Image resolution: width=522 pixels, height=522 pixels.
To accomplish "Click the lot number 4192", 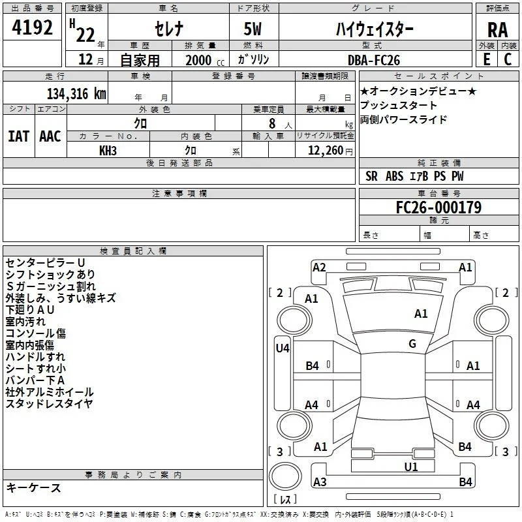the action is (32, 27).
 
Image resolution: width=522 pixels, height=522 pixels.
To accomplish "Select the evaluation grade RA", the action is (497, 30).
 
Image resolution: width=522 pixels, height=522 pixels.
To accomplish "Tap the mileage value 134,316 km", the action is (76, 94).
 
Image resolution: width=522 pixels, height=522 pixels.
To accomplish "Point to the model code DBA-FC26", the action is (373, 60).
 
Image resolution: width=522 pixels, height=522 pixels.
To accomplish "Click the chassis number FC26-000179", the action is (438, 207).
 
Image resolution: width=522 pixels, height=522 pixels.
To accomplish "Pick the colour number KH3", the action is (108, 151).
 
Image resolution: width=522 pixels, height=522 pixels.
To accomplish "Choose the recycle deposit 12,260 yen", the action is (330, 151).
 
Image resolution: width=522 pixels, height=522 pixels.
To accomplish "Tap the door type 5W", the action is (253, 29).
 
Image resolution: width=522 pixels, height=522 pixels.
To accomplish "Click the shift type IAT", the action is (18, 136).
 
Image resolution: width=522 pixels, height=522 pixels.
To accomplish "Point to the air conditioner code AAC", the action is (50, 136).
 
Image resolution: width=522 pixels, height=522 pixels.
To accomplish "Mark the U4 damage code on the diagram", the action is (283, 348).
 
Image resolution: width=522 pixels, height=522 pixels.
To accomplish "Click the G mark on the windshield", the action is (412, 344).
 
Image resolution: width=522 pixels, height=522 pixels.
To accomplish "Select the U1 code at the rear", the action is (411, 467).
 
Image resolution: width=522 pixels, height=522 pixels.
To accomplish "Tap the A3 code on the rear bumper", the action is (320, 482).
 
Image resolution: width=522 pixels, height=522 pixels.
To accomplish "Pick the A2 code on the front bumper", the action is (319, 268).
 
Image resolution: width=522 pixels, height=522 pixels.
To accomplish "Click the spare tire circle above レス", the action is (285, 476).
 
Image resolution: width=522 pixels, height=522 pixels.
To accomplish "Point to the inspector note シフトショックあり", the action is (51, 275).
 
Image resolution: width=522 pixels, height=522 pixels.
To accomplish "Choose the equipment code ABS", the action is (395, 176).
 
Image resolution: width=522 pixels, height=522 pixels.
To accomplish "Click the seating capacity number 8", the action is (272, 123).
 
